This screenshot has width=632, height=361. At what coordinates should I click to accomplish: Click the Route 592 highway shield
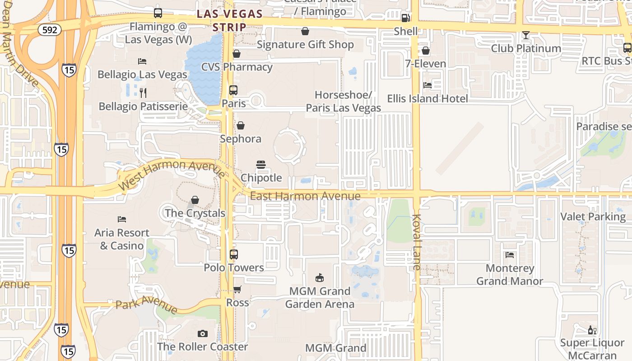[x=50, y=30]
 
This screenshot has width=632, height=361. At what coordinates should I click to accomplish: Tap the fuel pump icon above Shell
[x=405, y=18]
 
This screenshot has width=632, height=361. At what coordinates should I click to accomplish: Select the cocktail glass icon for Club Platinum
[x=526, y=35]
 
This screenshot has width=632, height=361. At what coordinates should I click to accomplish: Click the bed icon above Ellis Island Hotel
[x=427, y=85]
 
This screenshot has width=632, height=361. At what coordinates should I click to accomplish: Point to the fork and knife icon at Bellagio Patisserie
[x=143, y=93]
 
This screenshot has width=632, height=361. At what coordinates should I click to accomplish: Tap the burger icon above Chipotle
[x=261, y=164]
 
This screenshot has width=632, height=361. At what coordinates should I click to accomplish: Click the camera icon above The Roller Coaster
[x=203, y=333]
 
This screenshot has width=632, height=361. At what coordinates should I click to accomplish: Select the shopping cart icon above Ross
[x=237, y=289]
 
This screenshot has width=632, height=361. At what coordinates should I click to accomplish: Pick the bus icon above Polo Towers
[x=233, y=254]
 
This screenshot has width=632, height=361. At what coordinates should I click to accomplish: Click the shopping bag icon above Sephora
[x=241, y=125]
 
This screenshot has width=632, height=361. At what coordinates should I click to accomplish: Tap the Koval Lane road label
[x=416, y=242]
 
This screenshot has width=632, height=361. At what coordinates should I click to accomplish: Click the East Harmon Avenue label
[x=305, y=196]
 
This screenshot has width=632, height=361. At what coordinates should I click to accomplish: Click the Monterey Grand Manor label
[x=510, y=275]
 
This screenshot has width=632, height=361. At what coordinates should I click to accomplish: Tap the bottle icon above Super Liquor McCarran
[x=592, y=330]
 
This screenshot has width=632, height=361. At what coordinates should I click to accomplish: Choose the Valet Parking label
[x=593, y=217]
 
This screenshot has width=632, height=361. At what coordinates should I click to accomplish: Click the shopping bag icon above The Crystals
[x=195, y=199]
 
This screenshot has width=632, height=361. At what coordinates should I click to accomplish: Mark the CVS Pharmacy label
[x=237, y=67]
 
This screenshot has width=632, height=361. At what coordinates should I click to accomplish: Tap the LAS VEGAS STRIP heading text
[x=230, y=20]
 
